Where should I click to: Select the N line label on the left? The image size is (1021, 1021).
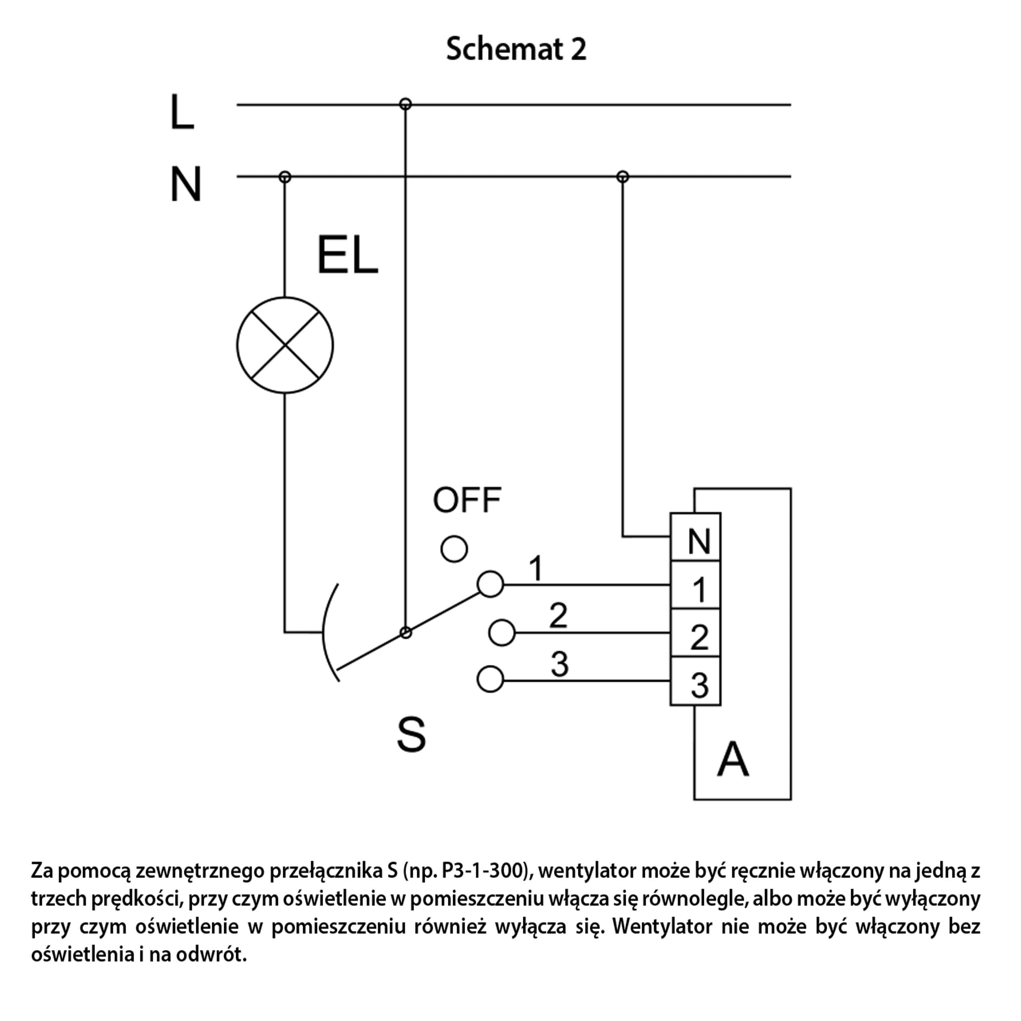185,184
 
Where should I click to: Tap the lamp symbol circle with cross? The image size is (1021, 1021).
285,345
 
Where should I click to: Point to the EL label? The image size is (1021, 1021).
347,255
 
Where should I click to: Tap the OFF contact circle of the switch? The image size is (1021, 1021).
454,549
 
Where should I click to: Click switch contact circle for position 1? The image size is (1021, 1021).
490,584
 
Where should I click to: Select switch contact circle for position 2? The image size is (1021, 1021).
501,633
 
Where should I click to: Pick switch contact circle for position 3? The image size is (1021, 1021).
490,679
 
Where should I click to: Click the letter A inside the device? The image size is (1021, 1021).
733,760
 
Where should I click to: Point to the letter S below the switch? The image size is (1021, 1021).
411,735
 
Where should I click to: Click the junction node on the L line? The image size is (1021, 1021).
405,104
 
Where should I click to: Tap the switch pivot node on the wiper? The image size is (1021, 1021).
405,633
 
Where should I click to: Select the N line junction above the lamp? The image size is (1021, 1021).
285,177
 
